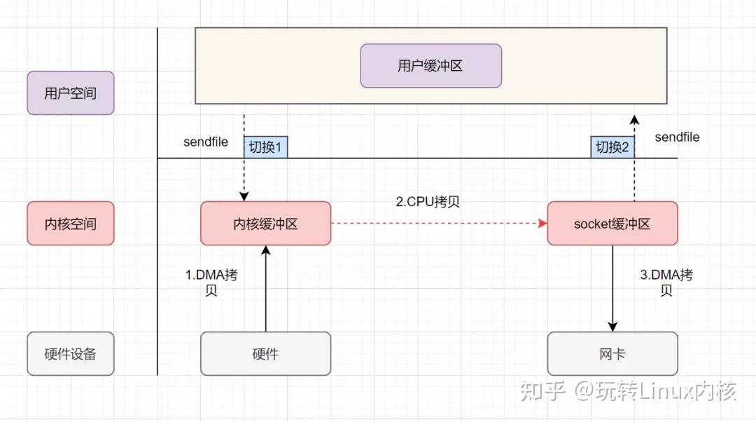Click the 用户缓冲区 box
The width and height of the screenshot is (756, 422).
[430, 66]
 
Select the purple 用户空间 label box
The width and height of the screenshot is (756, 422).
[70, 93]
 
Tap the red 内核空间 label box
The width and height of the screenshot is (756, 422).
[70, 224]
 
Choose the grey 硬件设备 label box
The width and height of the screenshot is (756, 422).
[70, 353]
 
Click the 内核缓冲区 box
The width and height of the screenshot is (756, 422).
[265, 224]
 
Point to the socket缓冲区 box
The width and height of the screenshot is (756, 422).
[612, 224]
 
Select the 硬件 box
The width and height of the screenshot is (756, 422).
[265, 353]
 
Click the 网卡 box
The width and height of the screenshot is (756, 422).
[612, 353]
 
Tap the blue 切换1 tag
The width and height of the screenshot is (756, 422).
[265, 147]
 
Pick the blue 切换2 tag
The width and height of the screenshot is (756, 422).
[612, 147]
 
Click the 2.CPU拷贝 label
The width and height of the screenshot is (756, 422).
[428, 202]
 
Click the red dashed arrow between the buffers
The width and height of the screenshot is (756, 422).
[438, 224]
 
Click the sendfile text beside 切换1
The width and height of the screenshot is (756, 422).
[206, 142]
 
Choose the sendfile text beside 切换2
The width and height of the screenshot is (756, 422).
[677, 137]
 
